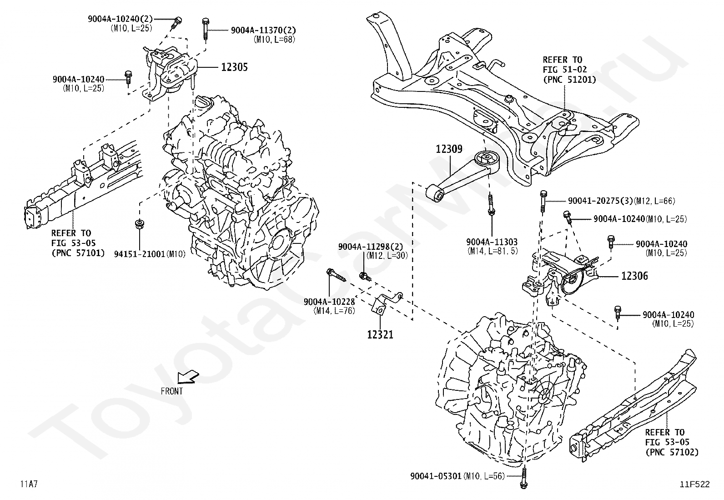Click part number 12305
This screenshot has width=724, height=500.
tap(234, 67)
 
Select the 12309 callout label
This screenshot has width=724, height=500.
tap(449, 149)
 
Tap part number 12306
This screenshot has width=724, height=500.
tap(634, 276)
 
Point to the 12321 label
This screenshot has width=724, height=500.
tap(380, 334)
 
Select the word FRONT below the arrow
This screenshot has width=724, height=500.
tap(171, 391)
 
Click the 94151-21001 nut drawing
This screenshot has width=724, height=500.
tap(139, 224)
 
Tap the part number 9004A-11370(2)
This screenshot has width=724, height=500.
tap(263, 30)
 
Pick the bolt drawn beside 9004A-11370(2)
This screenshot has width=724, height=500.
tap(205, 30)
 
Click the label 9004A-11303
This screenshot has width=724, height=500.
tap(492, 242)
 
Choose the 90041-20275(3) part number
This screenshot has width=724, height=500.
tap(601, 201)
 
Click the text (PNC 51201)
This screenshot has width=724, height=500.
tap(569, 80)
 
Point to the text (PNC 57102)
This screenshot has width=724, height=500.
tap(672, 452)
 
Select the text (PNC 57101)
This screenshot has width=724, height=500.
tap(78, 253)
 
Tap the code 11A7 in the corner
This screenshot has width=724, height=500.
tap(29, 484)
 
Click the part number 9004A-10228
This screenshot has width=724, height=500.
tap(329, 302)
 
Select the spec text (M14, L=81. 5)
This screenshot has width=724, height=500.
tap(492, 251)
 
